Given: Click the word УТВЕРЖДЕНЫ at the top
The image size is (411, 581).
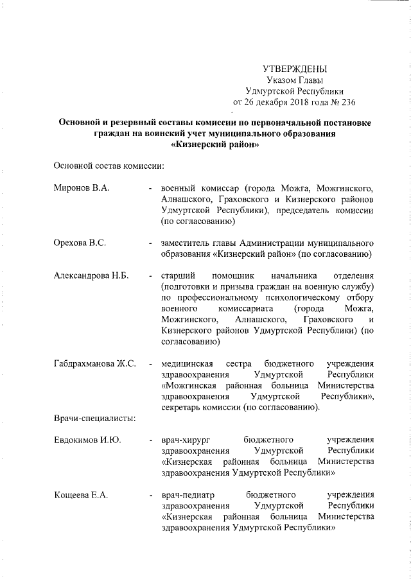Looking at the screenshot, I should click(x=295, y=69).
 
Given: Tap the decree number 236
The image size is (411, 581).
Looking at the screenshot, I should click(x=347, y=101).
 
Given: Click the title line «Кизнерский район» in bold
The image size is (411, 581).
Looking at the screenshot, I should click(x=215, y=144).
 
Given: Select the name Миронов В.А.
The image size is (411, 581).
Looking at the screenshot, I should click(x=83, y=187).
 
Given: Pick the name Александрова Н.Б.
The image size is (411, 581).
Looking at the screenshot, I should click(x=91, y=275).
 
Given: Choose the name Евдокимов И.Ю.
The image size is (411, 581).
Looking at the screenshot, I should click(x=87, y=440).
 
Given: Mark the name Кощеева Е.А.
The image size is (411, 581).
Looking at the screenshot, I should click(x=81, y=495).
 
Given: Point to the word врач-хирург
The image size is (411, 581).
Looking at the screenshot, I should click(x=186, y=440).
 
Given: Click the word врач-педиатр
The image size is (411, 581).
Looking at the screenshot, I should click(x=188, y=495).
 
